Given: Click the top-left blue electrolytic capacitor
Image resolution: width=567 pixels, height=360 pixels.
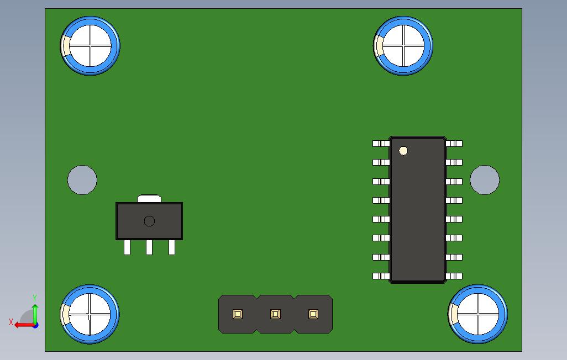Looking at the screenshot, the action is (x=90, y=46).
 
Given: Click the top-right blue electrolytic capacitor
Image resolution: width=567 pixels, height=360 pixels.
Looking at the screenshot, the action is (x=403, y=46).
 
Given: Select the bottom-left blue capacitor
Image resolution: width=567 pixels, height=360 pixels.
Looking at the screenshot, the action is (x=90, y=314).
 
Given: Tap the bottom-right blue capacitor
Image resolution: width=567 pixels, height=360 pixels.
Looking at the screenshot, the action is (x=478, y=314).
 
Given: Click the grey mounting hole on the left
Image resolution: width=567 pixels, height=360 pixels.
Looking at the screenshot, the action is (x=82, y=180).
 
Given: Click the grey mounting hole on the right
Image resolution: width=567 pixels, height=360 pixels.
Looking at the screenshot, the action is (x=485, y=180).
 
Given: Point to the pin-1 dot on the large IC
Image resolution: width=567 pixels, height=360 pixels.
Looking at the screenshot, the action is (x=403, y=151).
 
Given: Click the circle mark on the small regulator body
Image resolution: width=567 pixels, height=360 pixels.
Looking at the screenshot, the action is (x=149, y=221).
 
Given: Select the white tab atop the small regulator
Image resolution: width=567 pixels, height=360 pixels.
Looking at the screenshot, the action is (x=149, y=198).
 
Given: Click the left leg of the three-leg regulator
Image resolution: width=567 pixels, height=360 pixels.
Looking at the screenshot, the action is (x=127, y=247).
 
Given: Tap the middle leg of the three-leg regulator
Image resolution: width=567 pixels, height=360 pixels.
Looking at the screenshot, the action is (x=149, y=247).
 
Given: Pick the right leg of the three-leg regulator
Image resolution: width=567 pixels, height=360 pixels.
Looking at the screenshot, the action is (x=172, y=247).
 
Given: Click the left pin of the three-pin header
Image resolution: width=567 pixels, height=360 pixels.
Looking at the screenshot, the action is (x=238, y=314).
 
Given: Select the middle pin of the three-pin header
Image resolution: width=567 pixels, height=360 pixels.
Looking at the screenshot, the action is (x=275, y=314).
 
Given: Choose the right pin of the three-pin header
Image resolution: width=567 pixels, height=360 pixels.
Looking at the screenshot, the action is (x=313, y=314).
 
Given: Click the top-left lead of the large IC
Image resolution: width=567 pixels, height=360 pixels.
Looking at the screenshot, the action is (x=381, y=144).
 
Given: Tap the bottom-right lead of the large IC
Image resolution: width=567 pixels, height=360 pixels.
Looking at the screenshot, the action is (x=454, y=276).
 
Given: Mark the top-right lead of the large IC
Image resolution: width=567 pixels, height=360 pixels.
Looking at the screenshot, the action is (x=454, y=144).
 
